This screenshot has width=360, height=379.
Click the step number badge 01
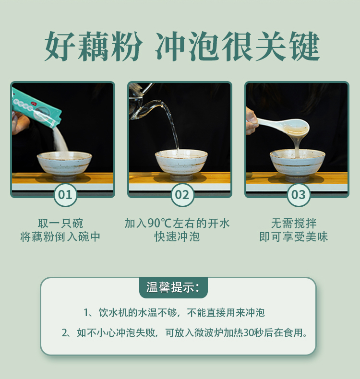pos(65,195)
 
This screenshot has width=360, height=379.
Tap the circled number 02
pos(182,195)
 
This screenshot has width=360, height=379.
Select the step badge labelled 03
pos(299,195)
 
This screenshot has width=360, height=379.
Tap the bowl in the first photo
pos(64,166)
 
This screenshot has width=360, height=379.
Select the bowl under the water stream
pos(181,166)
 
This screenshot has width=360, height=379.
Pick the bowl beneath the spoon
pos(298,166)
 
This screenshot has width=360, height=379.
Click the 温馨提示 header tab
pos(173,287)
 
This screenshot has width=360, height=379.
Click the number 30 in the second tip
pos(248,333)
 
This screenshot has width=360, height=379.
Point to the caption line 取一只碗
pos(60,223)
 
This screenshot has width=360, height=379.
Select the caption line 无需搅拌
pos(294,223)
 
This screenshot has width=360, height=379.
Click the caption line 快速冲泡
pos(177,237)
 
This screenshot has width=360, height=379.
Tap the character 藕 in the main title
pos(92,47)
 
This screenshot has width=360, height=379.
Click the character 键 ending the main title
pos(305,47)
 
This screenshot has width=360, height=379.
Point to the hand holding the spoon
pos(252,121)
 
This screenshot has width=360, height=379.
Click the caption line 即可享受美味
pos(294,237)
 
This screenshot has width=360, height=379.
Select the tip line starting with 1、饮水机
pos(174,313)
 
